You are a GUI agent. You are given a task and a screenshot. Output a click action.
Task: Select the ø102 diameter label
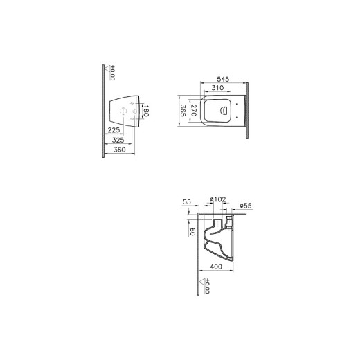click(x=218, y=200)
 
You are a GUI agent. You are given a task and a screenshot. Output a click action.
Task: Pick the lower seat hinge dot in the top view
click(x=237, y=117)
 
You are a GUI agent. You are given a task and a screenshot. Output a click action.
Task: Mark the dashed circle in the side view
click(x=125, y=111)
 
